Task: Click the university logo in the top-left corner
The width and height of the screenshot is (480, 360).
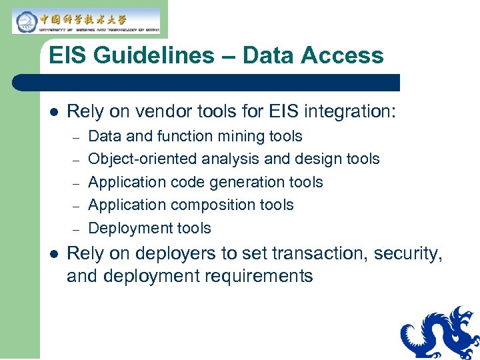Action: (86, 21)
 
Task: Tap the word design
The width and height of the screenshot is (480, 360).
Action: (313, 159)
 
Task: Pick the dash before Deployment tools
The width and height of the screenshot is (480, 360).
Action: (77, 229)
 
